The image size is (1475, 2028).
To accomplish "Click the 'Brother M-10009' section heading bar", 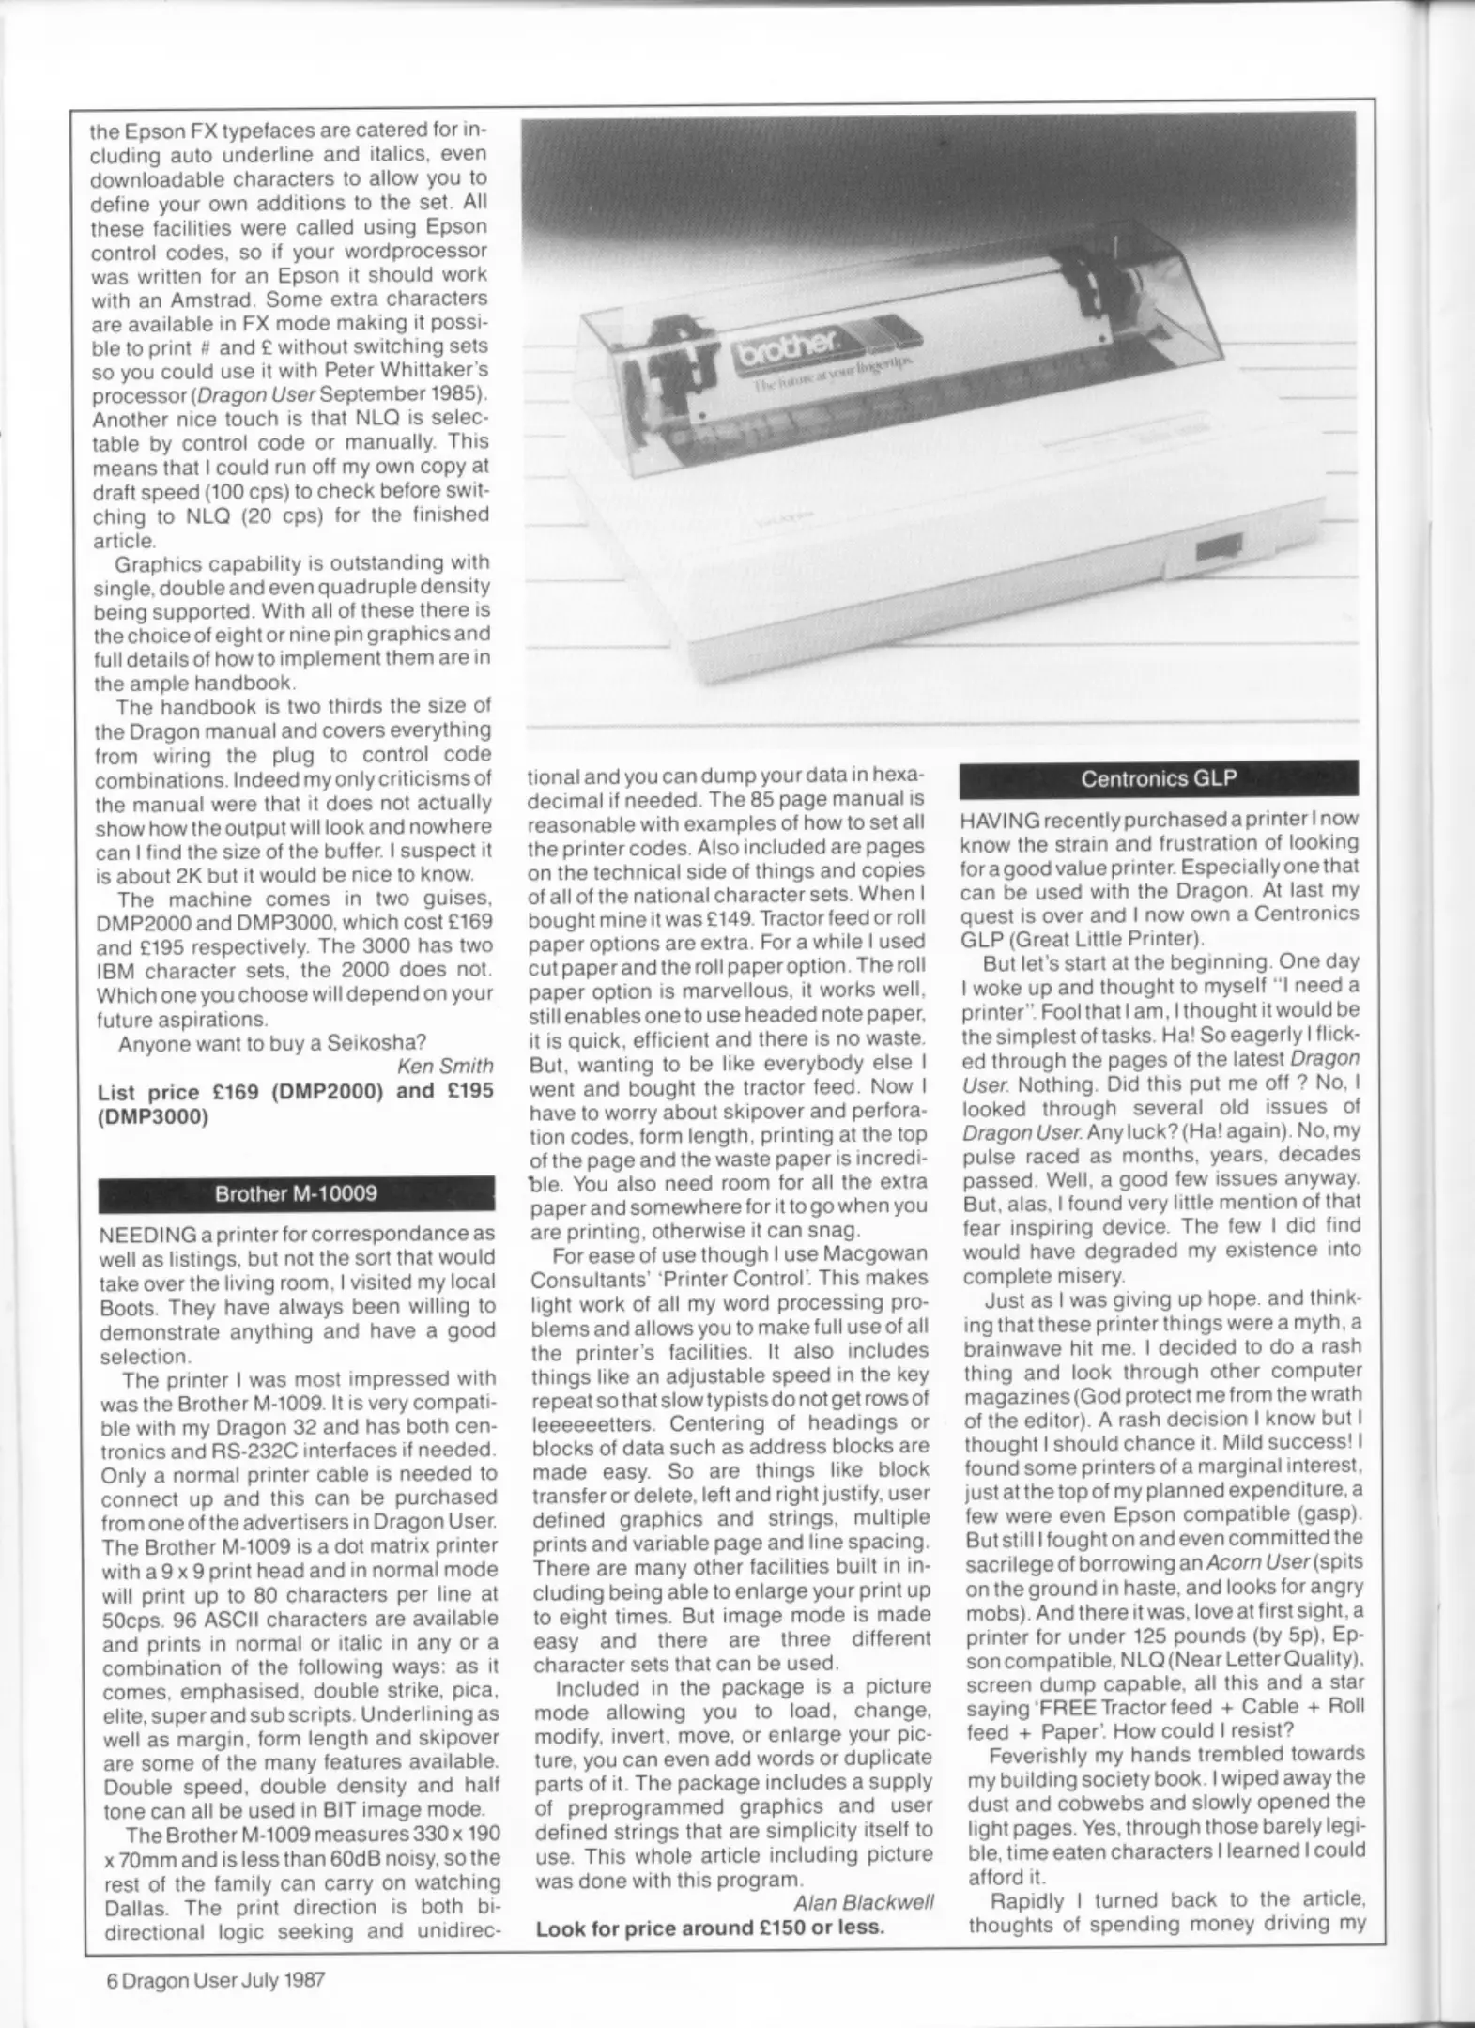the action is coord(296,1193).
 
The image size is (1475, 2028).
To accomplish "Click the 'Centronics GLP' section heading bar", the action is coord(1159,778).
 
